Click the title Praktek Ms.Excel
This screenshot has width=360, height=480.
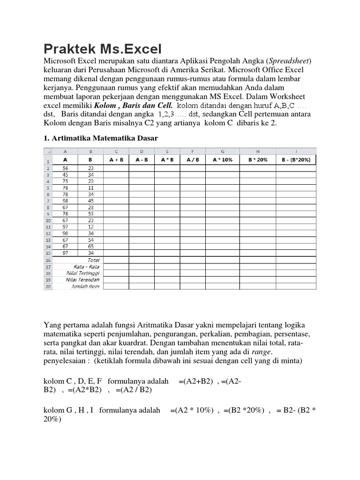click(103, 49)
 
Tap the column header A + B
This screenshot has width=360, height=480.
click(116, 159)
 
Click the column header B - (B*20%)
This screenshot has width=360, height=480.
click(296, 159)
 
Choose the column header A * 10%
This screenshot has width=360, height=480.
click(223, 159)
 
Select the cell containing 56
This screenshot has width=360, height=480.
click(65, 168)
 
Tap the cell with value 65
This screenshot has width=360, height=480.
click(91, 246)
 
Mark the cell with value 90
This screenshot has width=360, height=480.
click(65, 233)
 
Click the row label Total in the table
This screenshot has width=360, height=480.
click(93, 259)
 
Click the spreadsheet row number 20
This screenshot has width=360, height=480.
click(47, 286)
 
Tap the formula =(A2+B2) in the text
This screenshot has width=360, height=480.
click(196, 382)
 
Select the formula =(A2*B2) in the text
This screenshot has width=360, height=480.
click(84, 390)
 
